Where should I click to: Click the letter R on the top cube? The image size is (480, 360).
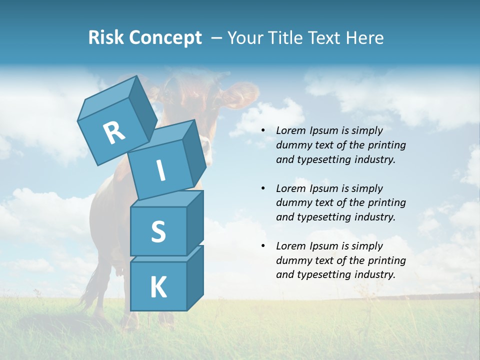(114, 133)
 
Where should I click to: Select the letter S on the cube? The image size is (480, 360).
(158, 232)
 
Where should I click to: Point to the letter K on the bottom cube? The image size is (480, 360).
(158, 287)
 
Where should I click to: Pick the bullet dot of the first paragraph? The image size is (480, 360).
(263, 131)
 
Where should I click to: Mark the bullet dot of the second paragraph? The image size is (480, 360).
(263, 189)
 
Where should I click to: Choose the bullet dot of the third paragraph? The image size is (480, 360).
(263, 246)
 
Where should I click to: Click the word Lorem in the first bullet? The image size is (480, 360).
(290, 131)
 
